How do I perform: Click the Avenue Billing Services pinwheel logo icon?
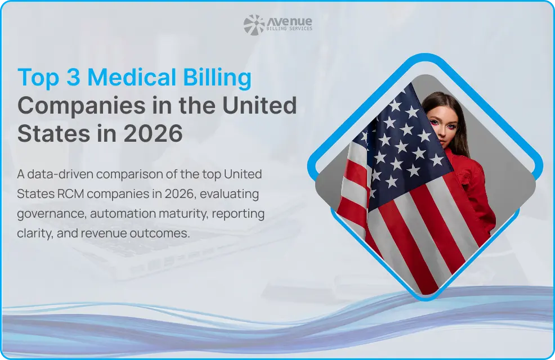254,25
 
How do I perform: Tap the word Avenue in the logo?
289,21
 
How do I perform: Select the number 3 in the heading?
73,77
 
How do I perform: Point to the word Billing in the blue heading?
217,78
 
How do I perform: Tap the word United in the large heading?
259,105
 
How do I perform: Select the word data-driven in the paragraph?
60,174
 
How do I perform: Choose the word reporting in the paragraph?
238,214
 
